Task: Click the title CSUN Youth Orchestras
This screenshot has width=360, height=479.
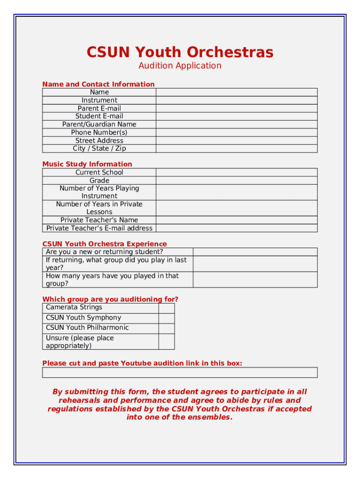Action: point(180,52)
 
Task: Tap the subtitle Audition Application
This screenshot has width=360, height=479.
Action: point(180,65)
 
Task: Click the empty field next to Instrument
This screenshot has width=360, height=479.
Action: point(237,100)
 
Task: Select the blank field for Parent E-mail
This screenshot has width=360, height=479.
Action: point(237,108)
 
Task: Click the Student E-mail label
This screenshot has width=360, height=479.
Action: point(99,116)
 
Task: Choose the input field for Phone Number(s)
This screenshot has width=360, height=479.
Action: point(237,132)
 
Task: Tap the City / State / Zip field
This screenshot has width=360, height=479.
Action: point(237,148)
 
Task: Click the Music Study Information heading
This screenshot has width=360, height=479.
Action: point(87,164)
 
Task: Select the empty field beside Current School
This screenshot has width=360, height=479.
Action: point(237,172)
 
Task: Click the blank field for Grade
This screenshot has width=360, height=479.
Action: point(237,180)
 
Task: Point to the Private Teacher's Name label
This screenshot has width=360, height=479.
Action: point(99,220)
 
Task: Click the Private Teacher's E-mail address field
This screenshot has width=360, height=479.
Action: point(237,228)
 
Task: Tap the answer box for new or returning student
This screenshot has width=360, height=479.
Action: point(255,252)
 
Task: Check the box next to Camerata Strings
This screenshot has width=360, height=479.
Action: point(166,308)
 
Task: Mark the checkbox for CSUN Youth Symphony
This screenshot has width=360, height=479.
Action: point(166,318)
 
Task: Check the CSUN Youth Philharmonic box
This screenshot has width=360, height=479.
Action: point(166,328)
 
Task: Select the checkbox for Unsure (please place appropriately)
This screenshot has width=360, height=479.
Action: point(166,341)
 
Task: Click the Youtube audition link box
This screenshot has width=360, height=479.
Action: point(180,372)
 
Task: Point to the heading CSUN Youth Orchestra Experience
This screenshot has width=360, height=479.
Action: point(105,244)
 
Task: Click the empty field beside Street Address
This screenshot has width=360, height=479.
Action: point(237,140)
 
